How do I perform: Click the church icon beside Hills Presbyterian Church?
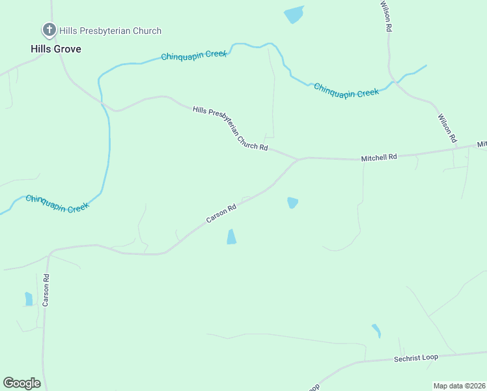pos(49,30)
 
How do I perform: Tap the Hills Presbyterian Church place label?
pos(110,31)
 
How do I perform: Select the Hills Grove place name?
pos(56,49)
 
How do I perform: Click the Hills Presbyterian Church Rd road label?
pos(230,129)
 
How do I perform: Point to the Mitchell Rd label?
pos(379,157)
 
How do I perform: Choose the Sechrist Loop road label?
pos(416,357)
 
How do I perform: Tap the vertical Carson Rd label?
pos(46,290)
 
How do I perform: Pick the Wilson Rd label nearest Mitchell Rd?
pos(447,129)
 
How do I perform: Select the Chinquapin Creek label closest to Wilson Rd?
pos(346,91)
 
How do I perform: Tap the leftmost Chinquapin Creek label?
pos(57,203)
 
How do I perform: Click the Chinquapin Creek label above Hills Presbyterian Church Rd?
pos(194,55)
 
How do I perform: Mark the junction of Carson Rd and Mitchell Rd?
pos(298,159)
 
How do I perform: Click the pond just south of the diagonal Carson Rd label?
pos(231,237)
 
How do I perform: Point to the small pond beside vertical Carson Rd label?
pos(28,298)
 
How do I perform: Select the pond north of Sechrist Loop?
pos(376,331)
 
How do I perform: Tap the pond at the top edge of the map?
pos(294,14)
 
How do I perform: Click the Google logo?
pos(21,383)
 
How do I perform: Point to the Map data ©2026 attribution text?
pos(459,386)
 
